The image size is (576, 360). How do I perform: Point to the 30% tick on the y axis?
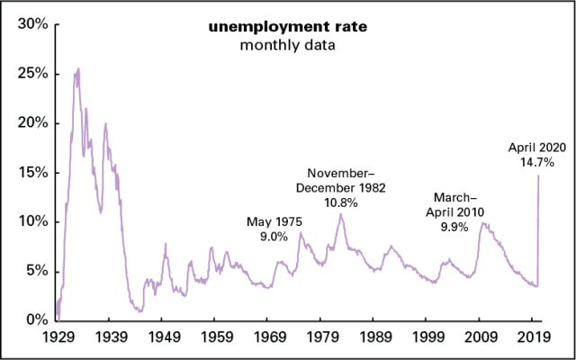[x=30, y=24]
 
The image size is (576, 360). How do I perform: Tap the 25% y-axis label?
[x=30, y=74]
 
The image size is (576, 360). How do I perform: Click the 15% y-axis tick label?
[x=30, y=172]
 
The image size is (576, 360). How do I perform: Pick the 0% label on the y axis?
[x=34, y=320]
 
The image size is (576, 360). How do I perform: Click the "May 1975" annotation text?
[x=274, y=221]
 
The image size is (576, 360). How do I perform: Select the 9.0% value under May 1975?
[x=274, y=237]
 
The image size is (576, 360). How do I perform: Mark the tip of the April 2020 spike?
[x=538, y=175]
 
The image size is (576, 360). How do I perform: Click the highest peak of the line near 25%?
[x=78, y=68]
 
